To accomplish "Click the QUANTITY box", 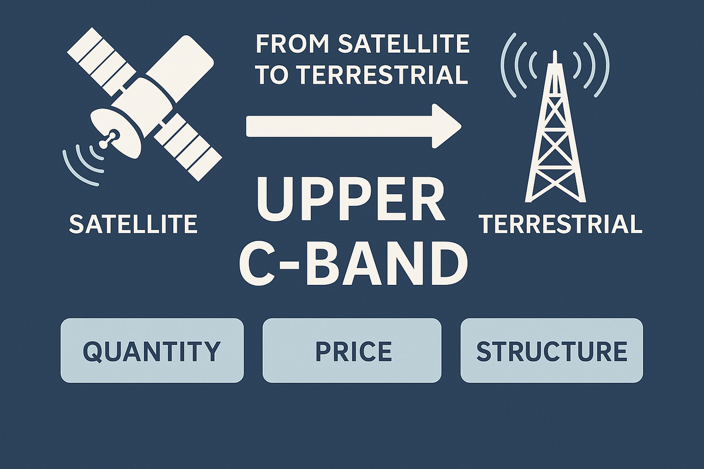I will [151, 351].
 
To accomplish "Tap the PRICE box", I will [351, 351].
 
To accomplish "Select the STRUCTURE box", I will [551, 351].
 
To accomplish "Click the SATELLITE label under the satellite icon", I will [133, 225].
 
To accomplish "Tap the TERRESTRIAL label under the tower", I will [560, 225].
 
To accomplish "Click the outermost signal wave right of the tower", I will [603, 64].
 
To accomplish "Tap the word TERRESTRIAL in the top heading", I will [381, 74].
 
